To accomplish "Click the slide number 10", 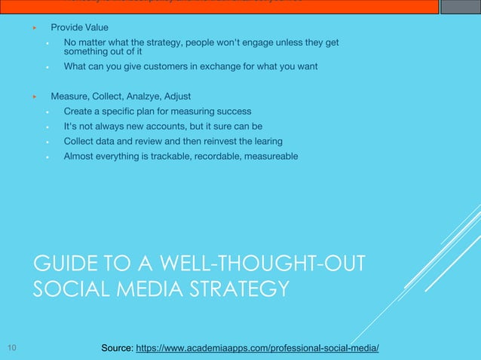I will pyautogui.click(x=11, y=348).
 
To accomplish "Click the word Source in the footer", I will pyautogui.click(x=117, y=348).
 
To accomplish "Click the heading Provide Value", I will pyautogui.click(x=79, y=28).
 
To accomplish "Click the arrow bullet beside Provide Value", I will pyautogui.click(x=34, y=28).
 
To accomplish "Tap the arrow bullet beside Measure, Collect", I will pyautogui.click(x=34, y=96).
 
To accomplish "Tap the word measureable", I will pyautogui.click(x=268, y=156).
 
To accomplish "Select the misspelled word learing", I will pyautogui.click(x=266, y=141).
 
